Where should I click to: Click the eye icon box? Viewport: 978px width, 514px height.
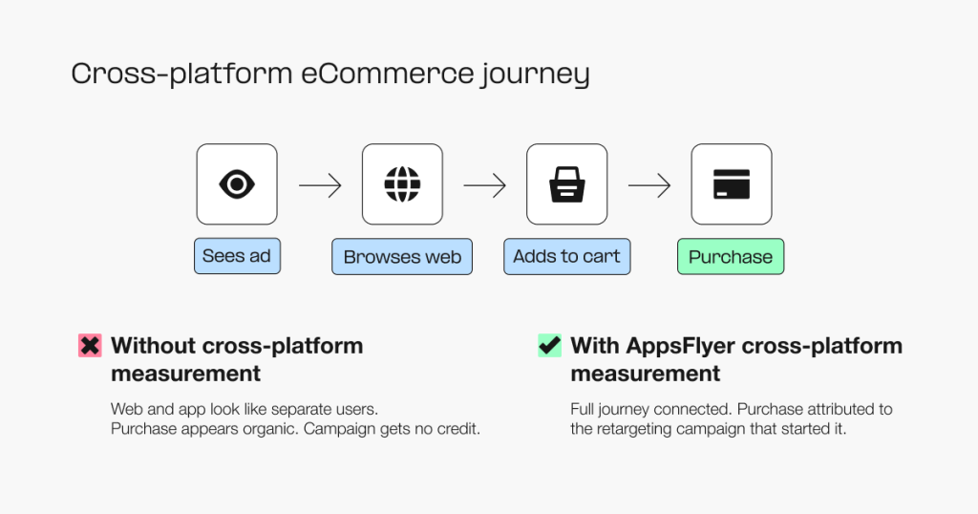tap(237, 184)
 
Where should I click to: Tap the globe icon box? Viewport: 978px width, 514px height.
tap(402, 184)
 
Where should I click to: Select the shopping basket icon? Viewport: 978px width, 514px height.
tap(566, 184)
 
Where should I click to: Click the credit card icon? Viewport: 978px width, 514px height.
tap(732, 184)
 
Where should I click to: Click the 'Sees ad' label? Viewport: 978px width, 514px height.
tap(237, 256)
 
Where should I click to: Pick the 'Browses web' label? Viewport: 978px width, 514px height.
tap(402, 257)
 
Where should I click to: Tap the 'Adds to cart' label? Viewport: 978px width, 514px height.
tap(566, 256)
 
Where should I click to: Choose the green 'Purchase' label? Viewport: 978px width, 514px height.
tap(731, 257)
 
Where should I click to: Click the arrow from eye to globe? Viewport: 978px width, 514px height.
tap(320, 185)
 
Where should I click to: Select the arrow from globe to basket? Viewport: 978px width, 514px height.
tap(484, 185)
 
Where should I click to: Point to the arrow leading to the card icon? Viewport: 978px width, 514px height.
tap(649, 185)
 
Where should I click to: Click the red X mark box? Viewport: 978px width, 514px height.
tap(90, 346)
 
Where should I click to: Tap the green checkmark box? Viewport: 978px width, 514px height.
tap(549, 346)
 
